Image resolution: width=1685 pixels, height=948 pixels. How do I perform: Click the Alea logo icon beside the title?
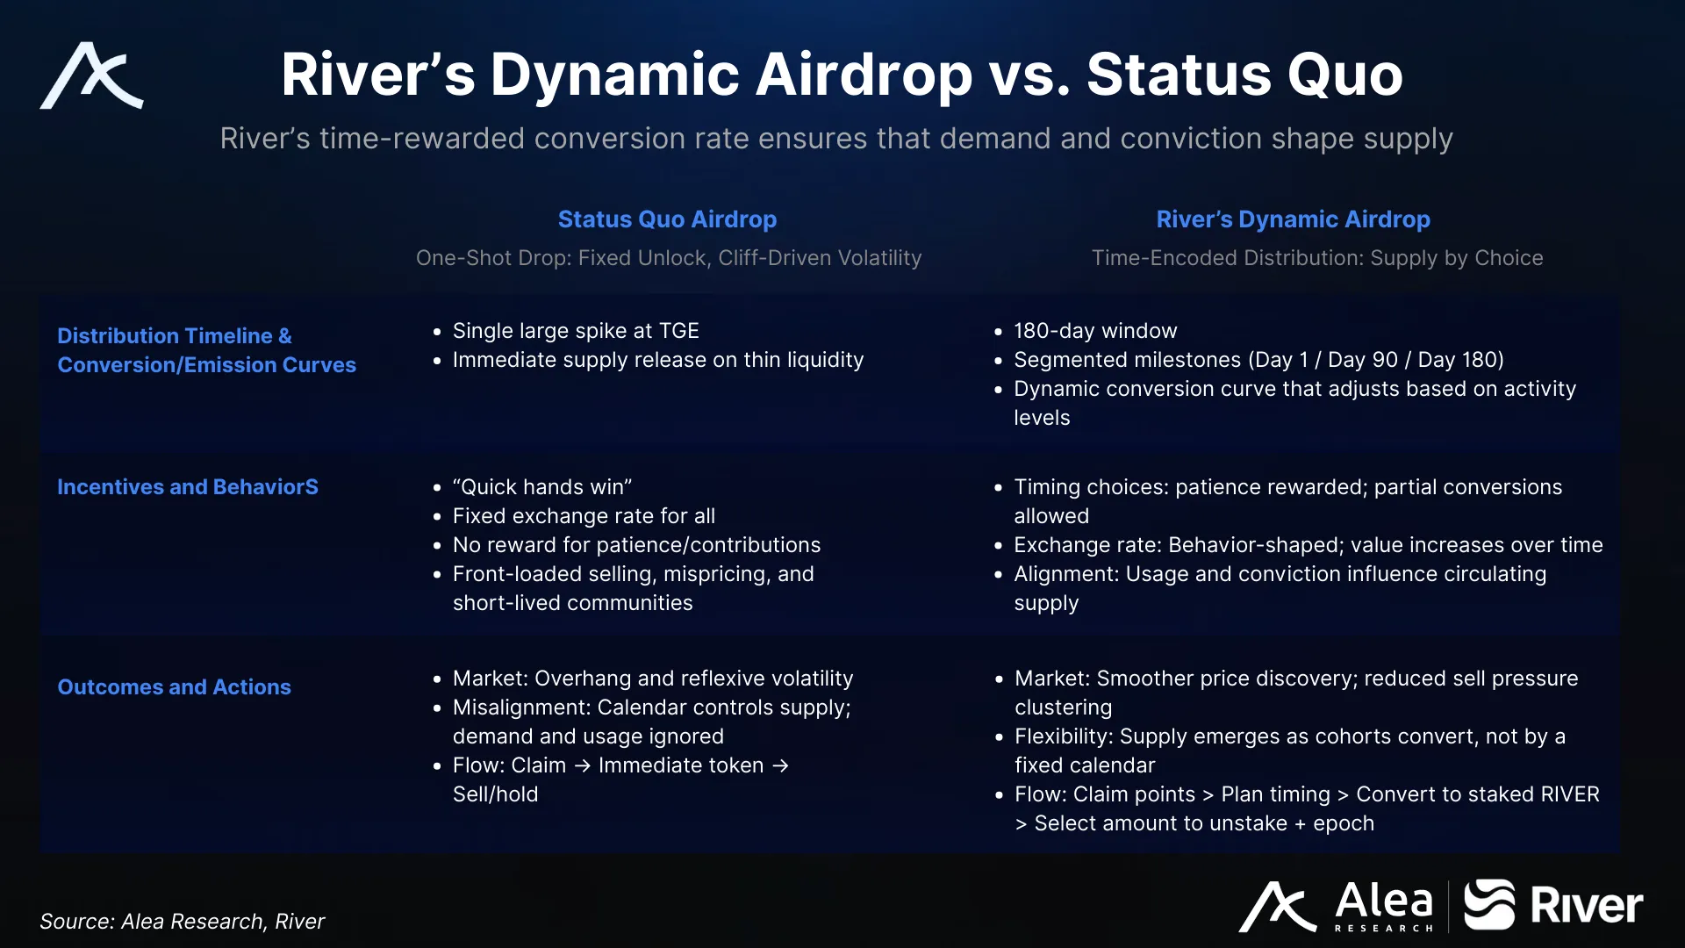tap(91, 75)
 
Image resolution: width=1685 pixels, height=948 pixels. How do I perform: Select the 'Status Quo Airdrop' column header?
tap(667, 219)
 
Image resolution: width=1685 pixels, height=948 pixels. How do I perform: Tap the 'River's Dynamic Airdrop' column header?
tap(1293, 219)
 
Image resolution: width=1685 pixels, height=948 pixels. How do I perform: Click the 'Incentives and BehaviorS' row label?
tap(188, 487)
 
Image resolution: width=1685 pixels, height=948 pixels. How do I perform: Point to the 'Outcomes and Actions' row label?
tap(174, 687)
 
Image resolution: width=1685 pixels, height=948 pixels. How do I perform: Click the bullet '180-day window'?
tap(1095, 331)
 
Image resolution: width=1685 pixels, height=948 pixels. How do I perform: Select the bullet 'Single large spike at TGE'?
tap(576, 331)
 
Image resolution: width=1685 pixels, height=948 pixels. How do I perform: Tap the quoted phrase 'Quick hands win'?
tap(542, 487)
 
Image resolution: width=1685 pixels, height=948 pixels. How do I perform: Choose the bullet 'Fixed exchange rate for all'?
tap(584, 516)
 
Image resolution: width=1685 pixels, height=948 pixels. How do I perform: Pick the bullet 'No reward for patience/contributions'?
tap(636, 545)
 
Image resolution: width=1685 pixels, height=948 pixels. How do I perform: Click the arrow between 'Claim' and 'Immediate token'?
tap(583, 766)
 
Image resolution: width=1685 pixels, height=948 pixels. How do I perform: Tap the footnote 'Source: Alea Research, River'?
tap(182, 921)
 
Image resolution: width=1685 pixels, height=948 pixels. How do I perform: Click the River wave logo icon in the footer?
tap(1489, 904)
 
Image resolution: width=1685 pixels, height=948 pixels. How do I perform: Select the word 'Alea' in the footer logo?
tap(1384, 901)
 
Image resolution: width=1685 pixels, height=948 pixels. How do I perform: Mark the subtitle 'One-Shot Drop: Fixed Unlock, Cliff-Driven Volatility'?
tap(669, 258)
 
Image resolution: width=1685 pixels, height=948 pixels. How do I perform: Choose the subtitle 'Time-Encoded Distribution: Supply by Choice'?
tap(1317, 258)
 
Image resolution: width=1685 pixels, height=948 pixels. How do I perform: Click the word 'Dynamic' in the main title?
tap(615, 75)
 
